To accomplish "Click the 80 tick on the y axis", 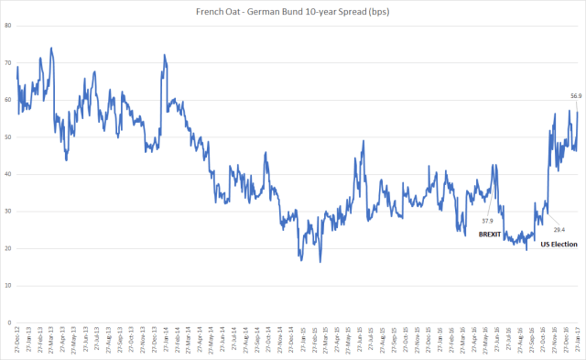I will [x=7, y=25].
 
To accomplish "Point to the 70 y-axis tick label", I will [x=7, y=62].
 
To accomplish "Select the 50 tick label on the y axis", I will [x=7, y=136].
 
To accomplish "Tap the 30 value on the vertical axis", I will [x=7, y=212].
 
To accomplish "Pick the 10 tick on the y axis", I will [x=7, y=286].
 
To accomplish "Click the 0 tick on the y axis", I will [x=8, y=323].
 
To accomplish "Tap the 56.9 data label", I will [x=576, y=96].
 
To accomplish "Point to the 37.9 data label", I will [x=487, y=220].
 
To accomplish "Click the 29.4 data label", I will [x=558, y=229].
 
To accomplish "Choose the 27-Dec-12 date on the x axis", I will [x=17, y=341].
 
